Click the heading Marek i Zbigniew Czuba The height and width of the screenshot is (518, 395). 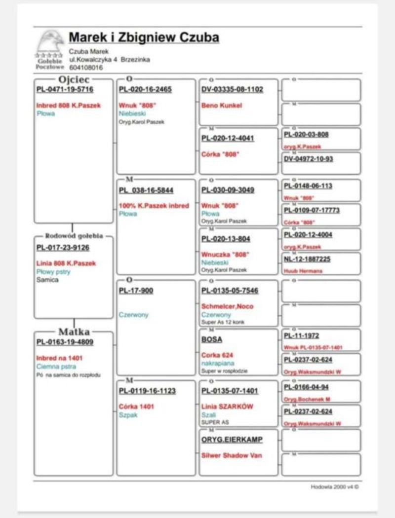144,37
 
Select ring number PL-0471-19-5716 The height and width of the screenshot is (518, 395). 65,89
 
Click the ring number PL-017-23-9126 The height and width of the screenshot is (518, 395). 63,248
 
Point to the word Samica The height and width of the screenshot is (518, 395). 47,280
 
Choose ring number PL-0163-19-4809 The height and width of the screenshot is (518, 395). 65,342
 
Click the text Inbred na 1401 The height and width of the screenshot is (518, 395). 59,358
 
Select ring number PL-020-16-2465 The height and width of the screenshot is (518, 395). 145,89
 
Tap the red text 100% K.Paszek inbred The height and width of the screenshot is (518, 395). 154,206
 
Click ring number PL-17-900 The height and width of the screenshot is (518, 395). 136,291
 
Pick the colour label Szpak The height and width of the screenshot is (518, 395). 127,415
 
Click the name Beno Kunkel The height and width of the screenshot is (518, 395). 222,105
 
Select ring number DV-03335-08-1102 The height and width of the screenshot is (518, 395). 232,89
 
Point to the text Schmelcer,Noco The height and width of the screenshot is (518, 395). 227,306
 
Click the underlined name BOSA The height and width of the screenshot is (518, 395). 212,339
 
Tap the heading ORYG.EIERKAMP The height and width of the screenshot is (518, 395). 232,440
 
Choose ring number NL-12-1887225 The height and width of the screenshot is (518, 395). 307,259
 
